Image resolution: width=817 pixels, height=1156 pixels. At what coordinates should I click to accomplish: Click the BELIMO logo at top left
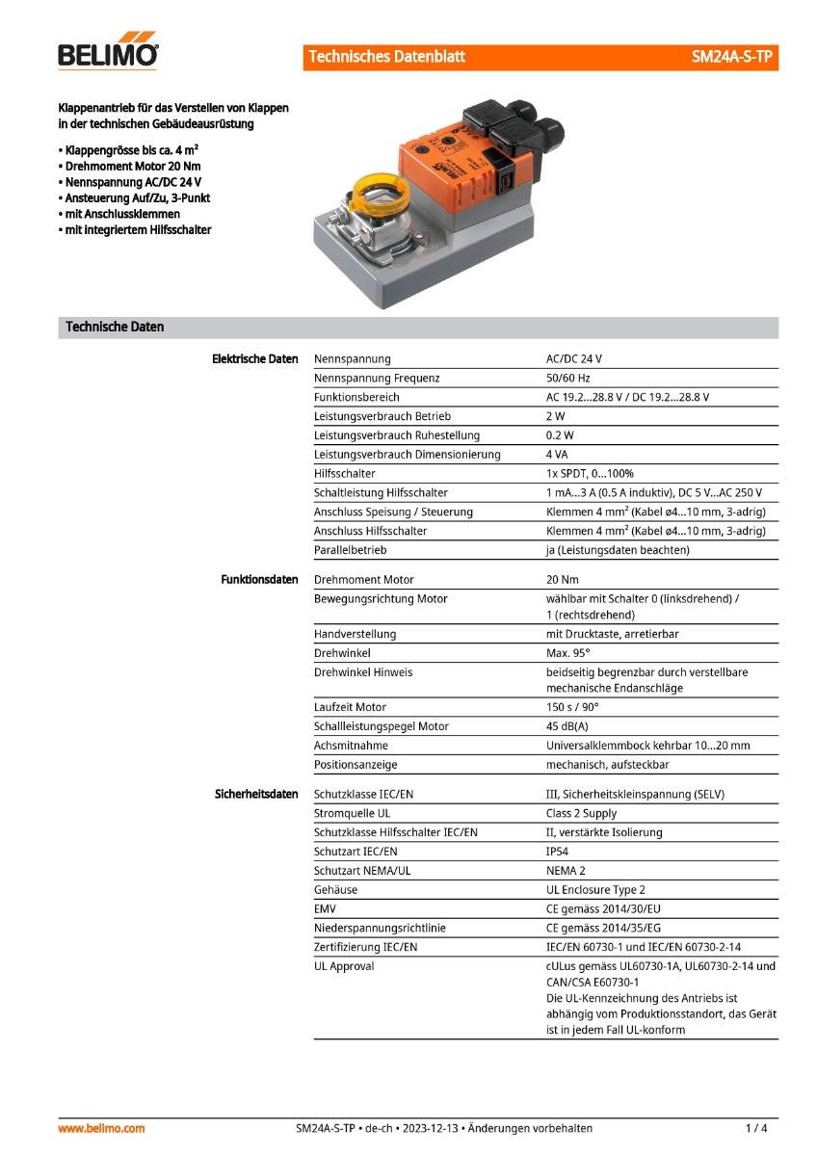(108, 54)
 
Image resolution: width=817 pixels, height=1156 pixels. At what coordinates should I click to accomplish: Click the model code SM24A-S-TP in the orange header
(731, 57)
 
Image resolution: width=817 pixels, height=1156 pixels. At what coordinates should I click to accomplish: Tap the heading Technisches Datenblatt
(386, 57)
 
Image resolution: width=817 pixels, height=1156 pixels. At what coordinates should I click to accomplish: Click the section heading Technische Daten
(115, 327)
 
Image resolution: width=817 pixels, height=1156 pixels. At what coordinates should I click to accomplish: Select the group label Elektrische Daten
(255, 359)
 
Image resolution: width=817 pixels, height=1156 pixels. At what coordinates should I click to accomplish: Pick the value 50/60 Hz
(568, 379)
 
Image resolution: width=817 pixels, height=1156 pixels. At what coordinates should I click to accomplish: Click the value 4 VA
(557, 455)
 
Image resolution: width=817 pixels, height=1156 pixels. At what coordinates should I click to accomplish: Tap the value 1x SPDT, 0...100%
(590, 474)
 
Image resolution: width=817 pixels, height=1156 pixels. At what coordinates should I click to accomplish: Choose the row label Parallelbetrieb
(350, 550)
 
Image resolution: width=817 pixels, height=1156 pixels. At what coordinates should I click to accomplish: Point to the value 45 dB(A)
(567, 726)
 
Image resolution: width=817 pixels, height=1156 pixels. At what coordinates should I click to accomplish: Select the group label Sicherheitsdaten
(256, 795)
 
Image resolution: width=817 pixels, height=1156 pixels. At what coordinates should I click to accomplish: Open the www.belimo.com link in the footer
(101, 1128)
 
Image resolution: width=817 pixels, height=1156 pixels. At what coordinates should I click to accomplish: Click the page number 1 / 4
(756, 1128)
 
